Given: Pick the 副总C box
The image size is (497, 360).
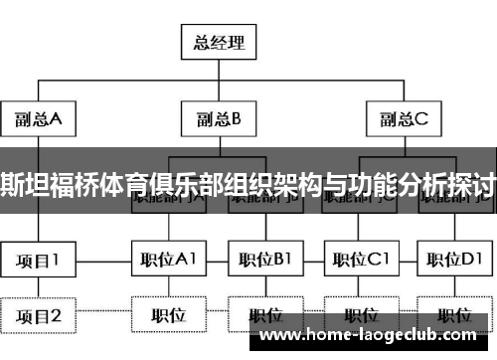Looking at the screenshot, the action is click(x=403, y=119).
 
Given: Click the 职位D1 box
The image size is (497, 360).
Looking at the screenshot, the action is click(x=455, y=261).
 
